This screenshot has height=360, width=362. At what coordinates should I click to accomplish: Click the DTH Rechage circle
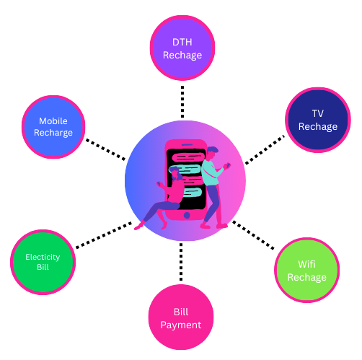click(182, 48)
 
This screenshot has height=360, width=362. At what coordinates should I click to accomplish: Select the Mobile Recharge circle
click(53, 127)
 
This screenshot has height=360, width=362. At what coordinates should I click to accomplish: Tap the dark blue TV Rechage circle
click(318, 120)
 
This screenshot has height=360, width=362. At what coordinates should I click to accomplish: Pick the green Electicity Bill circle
click(43, 262)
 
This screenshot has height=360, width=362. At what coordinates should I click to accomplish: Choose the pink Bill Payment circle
click(181, 317)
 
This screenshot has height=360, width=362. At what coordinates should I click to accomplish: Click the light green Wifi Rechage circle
click(307, 270)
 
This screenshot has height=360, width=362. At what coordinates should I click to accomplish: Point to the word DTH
click(182, 43)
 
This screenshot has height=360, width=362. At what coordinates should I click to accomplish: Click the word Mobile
click(53, 121)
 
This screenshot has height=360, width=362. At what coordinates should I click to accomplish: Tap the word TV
click(318, 113)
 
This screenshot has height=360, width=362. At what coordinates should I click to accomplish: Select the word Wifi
click(306, 264)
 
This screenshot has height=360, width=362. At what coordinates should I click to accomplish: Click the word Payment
click(181, 325)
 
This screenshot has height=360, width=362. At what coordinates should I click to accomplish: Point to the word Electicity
click(43, 257)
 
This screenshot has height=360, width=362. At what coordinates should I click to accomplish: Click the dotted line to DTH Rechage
click(182, 102)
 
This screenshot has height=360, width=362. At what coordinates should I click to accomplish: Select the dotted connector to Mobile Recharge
click(106, 149)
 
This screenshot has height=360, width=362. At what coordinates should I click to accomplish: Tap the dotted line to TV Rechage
click(265, 149)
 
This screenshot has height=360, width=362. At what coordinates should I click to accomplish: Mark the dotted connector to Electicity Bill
click(104, 235)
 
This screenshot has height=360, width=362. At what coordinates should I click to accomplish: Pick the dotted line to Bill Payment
click(181, 262)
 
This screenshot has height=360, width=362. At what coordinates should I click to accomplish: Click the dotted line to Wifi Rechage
click(253, 235)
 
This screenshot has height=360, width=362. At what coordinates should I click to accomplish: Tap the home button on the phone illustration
click(187, 215)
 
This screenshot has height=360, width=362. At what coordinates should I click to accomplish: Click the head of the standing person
click(212, 153)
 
